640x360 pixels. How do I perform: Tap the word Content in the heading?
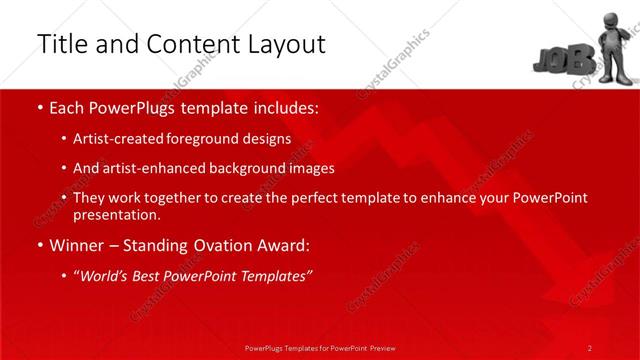[x=184, y=44]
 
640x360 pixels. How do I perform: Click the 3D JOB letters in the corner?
[x=556, y=59]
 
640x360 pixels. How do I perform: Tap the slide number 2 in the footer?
[x=589, y=347]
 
